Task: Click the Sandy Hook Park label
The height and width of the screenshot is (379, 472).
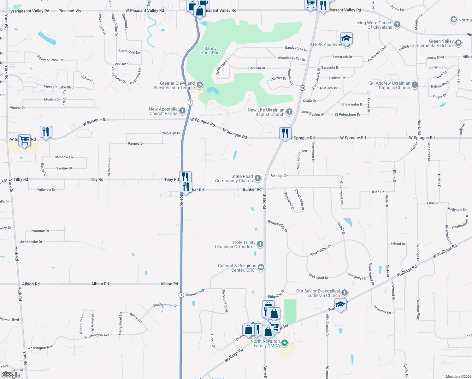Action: click(x=210, y=51)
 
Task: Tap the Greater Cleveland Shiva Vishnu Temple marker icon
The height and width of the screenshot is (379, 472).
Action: click(x=199, y=85)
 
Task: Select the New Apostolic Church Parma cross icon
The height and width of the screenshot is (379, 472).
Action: click(x=182, y=111)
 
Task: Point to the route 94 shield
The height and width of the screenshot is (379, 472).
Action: click(x=303, y=88)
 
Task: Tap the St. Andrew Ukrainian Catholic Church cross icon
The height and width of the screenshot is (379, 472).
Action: click(x=415, y=85)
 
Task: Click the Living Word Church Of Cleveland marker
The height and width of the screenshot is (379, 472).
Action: click(x=397, y=24)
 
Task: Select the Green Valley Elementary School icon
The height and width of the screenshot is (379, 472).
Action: click(x=458, y=43)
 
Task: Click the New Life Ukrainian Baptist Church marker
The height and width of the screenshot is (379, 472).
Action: click(x=289, y=112)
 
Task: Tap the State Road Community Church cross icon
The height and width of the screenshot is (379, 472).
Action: click(x=258, y=178)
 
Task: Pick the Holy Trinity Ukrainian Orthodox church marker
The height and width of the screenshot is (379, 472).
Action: click(x=260, y=244)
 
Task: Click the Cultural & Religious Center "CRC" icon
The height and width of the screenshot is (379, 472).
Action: click(x=261, y=268)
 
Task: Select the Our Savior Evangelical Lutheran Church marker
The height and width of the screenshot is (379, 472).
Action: click(x=345, y=293)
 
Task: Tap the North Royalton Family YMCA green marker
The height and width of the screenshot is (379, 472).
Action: click(x=285, y=343)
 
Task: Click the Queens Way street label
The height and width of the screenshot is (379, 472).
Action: click(x=195, y=293)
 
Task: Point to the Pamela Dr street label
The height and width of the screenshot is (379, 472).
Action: click(x=136, y=143)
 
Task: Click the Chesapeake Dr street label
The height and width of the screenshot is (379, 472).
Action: click(x=30, y=242)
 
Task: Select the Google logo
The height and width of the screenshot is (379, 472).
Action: click(x=11, y=375)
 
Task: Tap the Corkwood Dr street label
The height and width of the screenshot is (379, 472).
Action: click(x=319, y=277)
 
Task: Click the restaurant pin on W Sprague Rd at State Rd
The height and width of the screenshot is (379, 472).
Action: click(x=285, y=134)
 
